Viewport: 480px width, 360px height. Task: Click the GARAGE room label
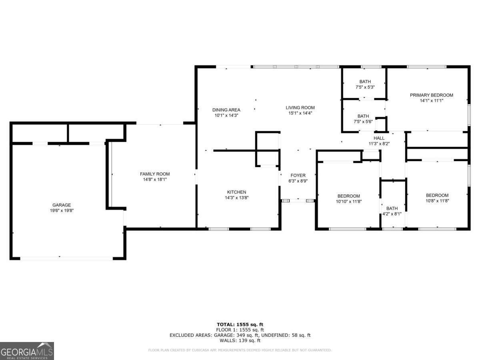61,205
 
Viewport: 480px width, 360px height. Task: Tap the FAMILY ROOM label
154,174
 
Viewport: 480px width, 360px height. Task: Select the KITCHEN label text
236,192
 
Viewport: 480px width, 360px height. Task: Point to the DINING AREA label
226,110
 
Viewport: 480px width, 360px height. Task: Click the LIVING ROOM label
300,107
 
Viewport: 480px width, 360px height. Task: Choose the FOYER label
298,175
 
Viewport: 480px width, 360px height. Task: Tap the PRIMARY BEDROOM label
431,95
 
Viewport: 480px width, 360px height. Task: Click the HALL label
379,138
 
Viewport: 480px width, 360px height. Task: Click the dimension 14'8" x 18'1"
154,180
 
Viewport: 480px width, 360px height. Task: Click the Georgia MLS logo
27,351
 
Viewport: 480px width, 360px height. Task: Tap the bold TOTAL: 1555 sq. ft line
240,324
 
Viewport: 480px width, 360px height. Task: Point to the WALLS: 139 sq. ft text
240,341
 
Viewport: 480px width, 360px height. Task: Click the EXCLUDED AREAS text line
240,335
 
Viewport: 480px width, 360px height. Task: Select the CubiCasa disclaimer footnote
240,350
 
